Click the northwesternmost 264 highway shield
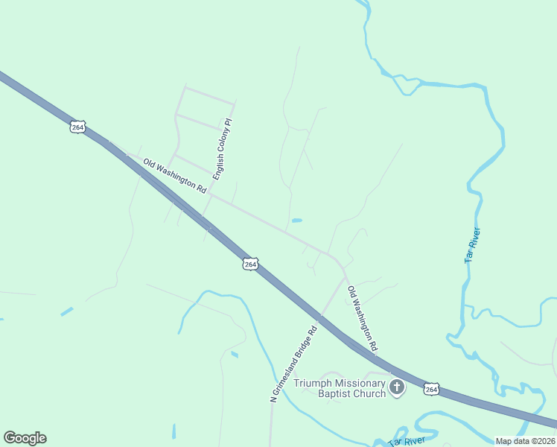[77, 127]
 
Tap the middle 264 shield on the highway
[250, 264]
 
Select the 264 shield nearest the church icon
[431, 389]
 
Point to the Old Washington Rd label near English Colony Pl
[174, 176]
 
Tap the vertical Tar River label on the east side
[472, 244]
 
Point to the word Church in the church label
[369, 393]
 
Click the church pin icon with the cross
[398, 387]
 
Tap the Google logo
[25, 438]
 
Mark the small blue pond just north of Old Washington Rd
[297, 221]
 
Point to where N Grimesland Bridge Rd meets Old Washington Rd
[345, 276]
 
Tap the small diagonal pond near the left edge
[67, 311]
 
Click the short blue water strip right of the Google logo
[174, 431]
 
